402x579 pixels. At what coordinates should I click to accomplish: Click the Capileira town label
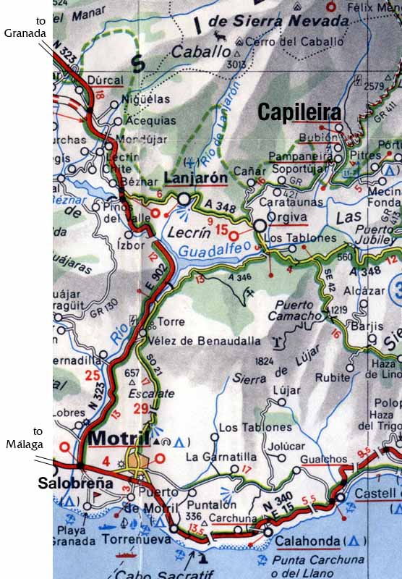299,111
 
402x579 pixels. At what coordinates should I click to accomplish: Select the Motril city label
118,438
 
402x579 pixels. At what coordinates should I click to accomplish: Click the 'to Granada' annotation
25,27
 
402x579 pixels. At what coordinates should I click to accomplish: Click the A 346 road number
241,276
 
